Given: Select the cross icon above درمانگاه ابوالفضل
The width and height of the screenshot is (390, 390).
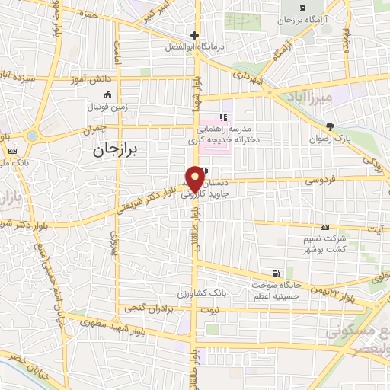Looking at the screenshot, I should click(x=195, y=34).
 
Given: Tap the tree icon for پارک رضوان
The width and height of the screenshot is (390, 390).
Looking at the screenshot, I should click(x=329, y=126).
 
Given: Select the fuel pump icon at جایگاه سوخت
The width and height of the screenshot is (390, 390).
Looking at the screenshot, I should click(x=275, y=273).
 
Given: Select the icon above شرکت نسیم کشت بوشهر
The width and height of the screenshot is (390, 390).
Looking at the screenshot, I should click(x=325, y=226).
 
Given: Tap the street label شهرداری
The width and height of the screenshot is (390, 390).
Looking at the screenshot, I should click(x=248, y=77).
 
